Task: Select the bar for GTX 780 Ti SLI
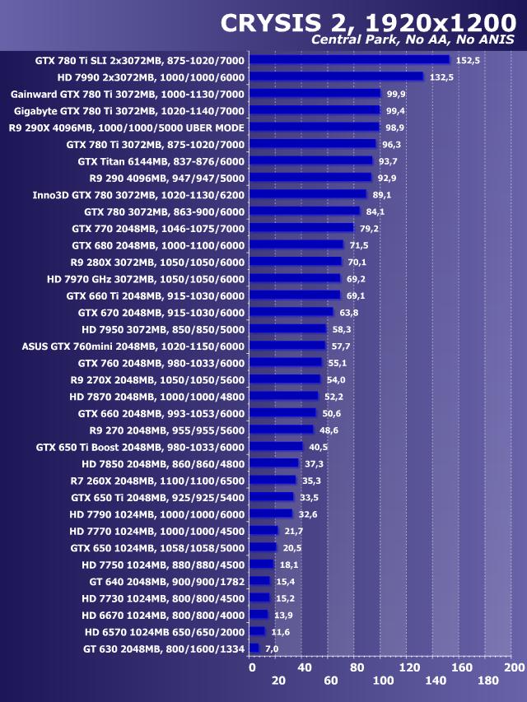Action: (x=350, y=59)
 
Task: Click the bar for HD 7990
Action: (x=337, y=77)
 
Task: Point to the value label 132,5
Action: (x=441, y=77)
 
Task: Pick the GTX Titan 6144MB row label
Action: (x=161, y=160)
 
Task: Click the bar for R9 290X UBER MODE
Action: (x=315, y=127)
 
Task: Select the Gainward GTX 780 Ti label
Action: (x=128, y=93)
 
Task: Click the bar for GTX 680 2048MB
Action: (x=296, y=244)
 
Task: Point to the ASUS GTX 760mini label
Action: (x=133, y=346)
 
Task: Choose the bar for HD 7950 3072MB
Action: (x=288, y=328)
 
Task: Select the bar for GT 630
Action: (x=254, y=649)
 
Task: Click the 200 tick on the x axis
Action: (x=514, y=667)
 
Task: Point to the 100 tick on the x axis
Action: (x=383, y=681)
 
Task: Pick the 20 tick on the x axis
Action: (x=278, y=681)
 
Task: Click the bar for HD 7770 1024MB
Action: (x=263, y=530)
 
